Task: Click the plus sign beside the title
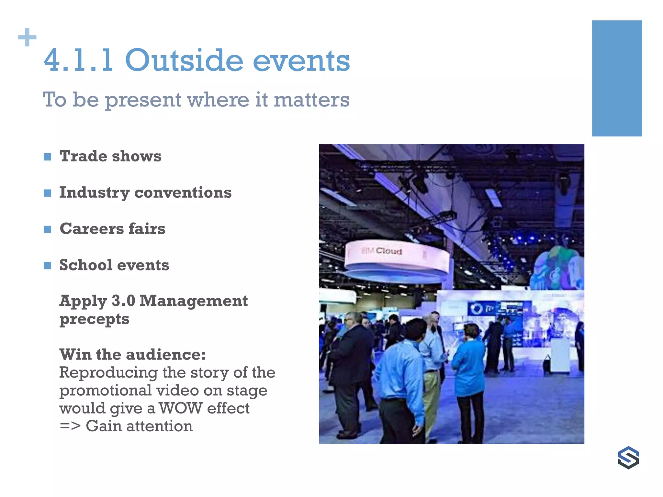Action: click(x=27, y=38)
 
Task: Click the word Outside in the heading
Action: click(x=184, y=61)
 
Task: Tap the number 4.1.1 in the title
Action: click(x=78, y=61)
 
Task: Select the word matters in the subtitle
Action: click(x=311, y=100)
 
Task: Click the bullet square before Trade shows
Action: click(x=48, y=157)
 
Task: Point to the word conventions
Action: click(x=183, y=193)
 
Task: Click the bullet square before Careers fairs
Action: click(x=48, y=229)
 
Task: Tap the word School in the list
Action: click(x=86, y=265)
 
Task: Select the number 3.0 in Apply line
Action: click(x=123, y=301)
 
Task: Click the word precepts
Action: click(x=94, y=319)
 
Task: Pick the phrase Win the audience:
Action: click(x=132, y=354)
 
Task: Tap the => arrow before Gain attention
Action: click(x=70, y=426)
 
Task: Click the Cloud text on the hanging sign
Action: click(x=389, y=251)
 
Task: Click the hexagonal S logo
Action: click(x=628, y=458)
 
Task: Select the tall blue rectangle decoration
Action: click(x=617, y=78)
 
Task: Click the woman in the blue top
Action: click(x=469, y=372)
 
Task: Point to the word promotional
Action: click(x=106, y=390)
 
